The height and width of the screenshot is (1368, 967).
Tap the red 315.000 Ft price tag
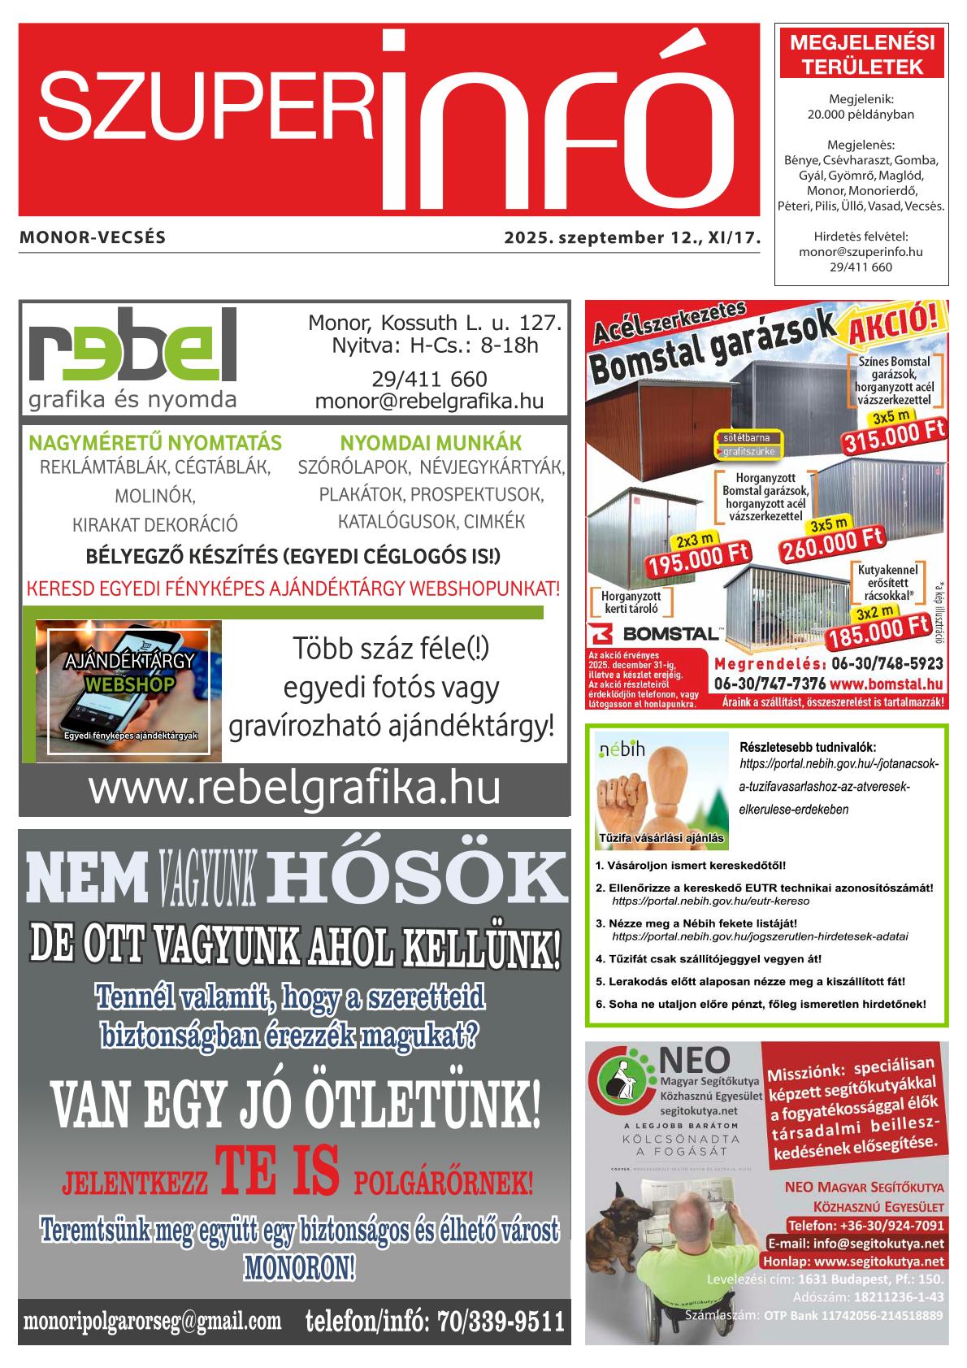894,440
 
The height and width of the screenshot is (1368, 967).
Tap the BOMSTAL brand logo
655,632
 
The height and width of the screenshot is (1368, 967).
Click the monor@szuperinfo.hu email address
861,252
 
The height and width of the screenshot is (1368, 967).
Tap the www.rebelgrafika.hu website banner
294,788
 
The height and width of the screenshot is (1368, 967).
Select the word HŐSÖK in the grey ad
414,878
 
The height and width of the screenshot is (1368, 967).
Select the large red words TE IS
276,1172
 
